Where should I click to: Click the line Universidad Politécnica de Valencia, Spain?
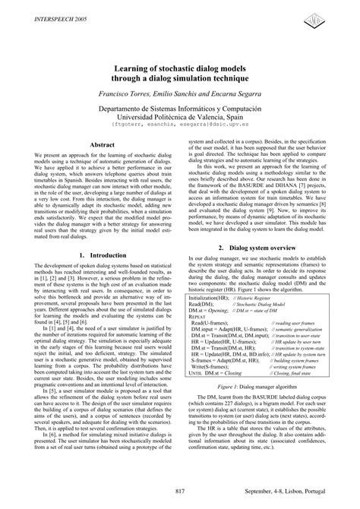tap(180, 119)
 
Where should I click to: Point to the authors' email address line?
tap(180, 128)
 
